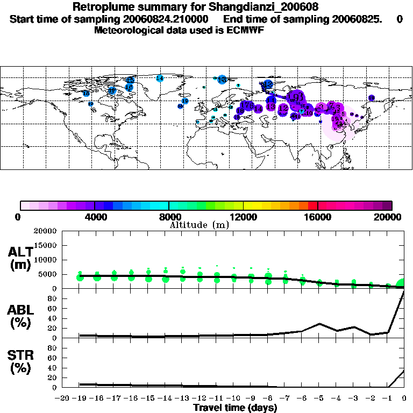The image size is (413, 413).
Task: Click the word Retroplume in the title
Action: coord(101,8)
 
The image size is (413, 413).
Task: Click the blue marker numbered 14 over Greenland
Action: coord(159,79)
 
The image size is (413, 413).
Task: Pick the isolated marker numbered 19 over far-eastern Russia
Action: coord(371,98)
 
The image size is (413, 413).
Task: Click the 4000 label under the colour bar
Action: coord(95,217)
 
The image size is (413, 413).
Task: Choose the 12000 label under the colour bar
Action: coord(244,217)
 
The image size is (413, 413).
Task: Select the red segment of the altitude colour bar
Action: coord(312,205)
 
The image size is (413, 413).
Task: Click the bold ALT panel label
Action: coord(20,252)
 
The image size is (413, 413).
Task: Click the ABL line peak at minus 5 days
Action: coord(319,324)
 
